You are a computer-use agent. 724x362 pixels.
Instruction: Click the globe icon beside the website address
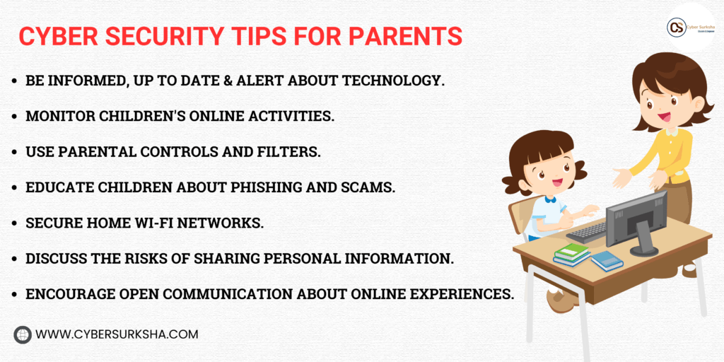click(x=23, y=334)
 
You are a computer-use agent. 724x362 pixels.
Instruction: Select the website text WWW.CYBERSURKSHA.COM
click(x=117, y=334)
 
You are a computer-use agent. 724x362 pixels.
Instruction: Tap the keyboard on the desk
click(x=586, y=232)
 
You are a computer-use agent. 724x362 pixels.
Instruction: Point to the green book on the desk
click(x=572, y=251)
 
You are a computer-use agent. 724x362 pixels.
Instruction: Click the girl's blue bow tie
click(x=549, y=200)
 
